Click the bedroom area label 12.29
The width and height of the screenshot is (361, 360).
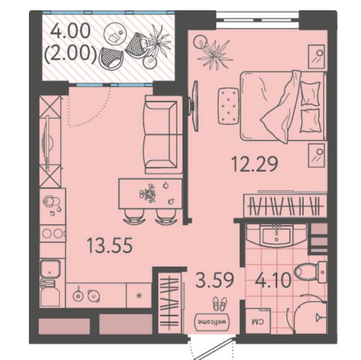255,164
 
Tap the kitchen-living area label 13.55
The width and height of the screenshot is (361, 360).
110,245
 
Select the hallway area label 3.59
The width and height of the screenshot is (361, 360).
215,280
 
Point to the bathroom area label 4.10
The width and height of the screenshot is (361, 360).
273,280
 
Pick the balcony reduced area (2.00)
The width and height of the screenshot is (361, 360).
70,53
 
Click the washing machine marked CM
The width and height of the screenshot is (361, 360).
258,321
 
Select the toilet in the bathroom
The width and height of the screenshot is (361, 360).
310,272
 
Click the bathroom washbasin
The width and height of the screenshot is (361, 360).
276,235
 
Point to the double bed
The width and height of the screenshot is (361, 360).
283,106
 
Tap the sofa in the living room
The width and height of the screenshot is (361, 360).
163,134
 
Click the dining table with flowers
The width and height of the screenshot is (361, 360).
151,194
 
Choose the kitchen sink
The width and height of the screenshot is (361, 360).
50,268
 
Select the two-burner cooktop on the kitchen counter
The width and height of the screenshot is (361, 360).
52,233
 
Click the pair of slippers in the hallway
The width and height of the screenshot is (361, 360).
219,303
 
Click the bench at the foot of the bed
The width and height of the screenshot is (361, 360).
228,106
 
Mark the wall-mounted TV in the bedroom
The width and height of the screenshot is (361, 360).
195,106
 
